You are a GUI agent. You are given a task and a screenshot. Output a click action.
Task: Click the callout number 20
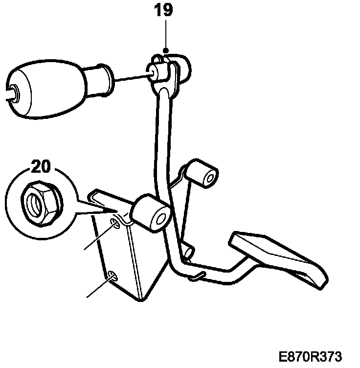coord(42,167)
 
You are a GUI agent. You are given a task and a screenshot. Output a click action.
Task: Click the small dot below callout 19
coord(166,51)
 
